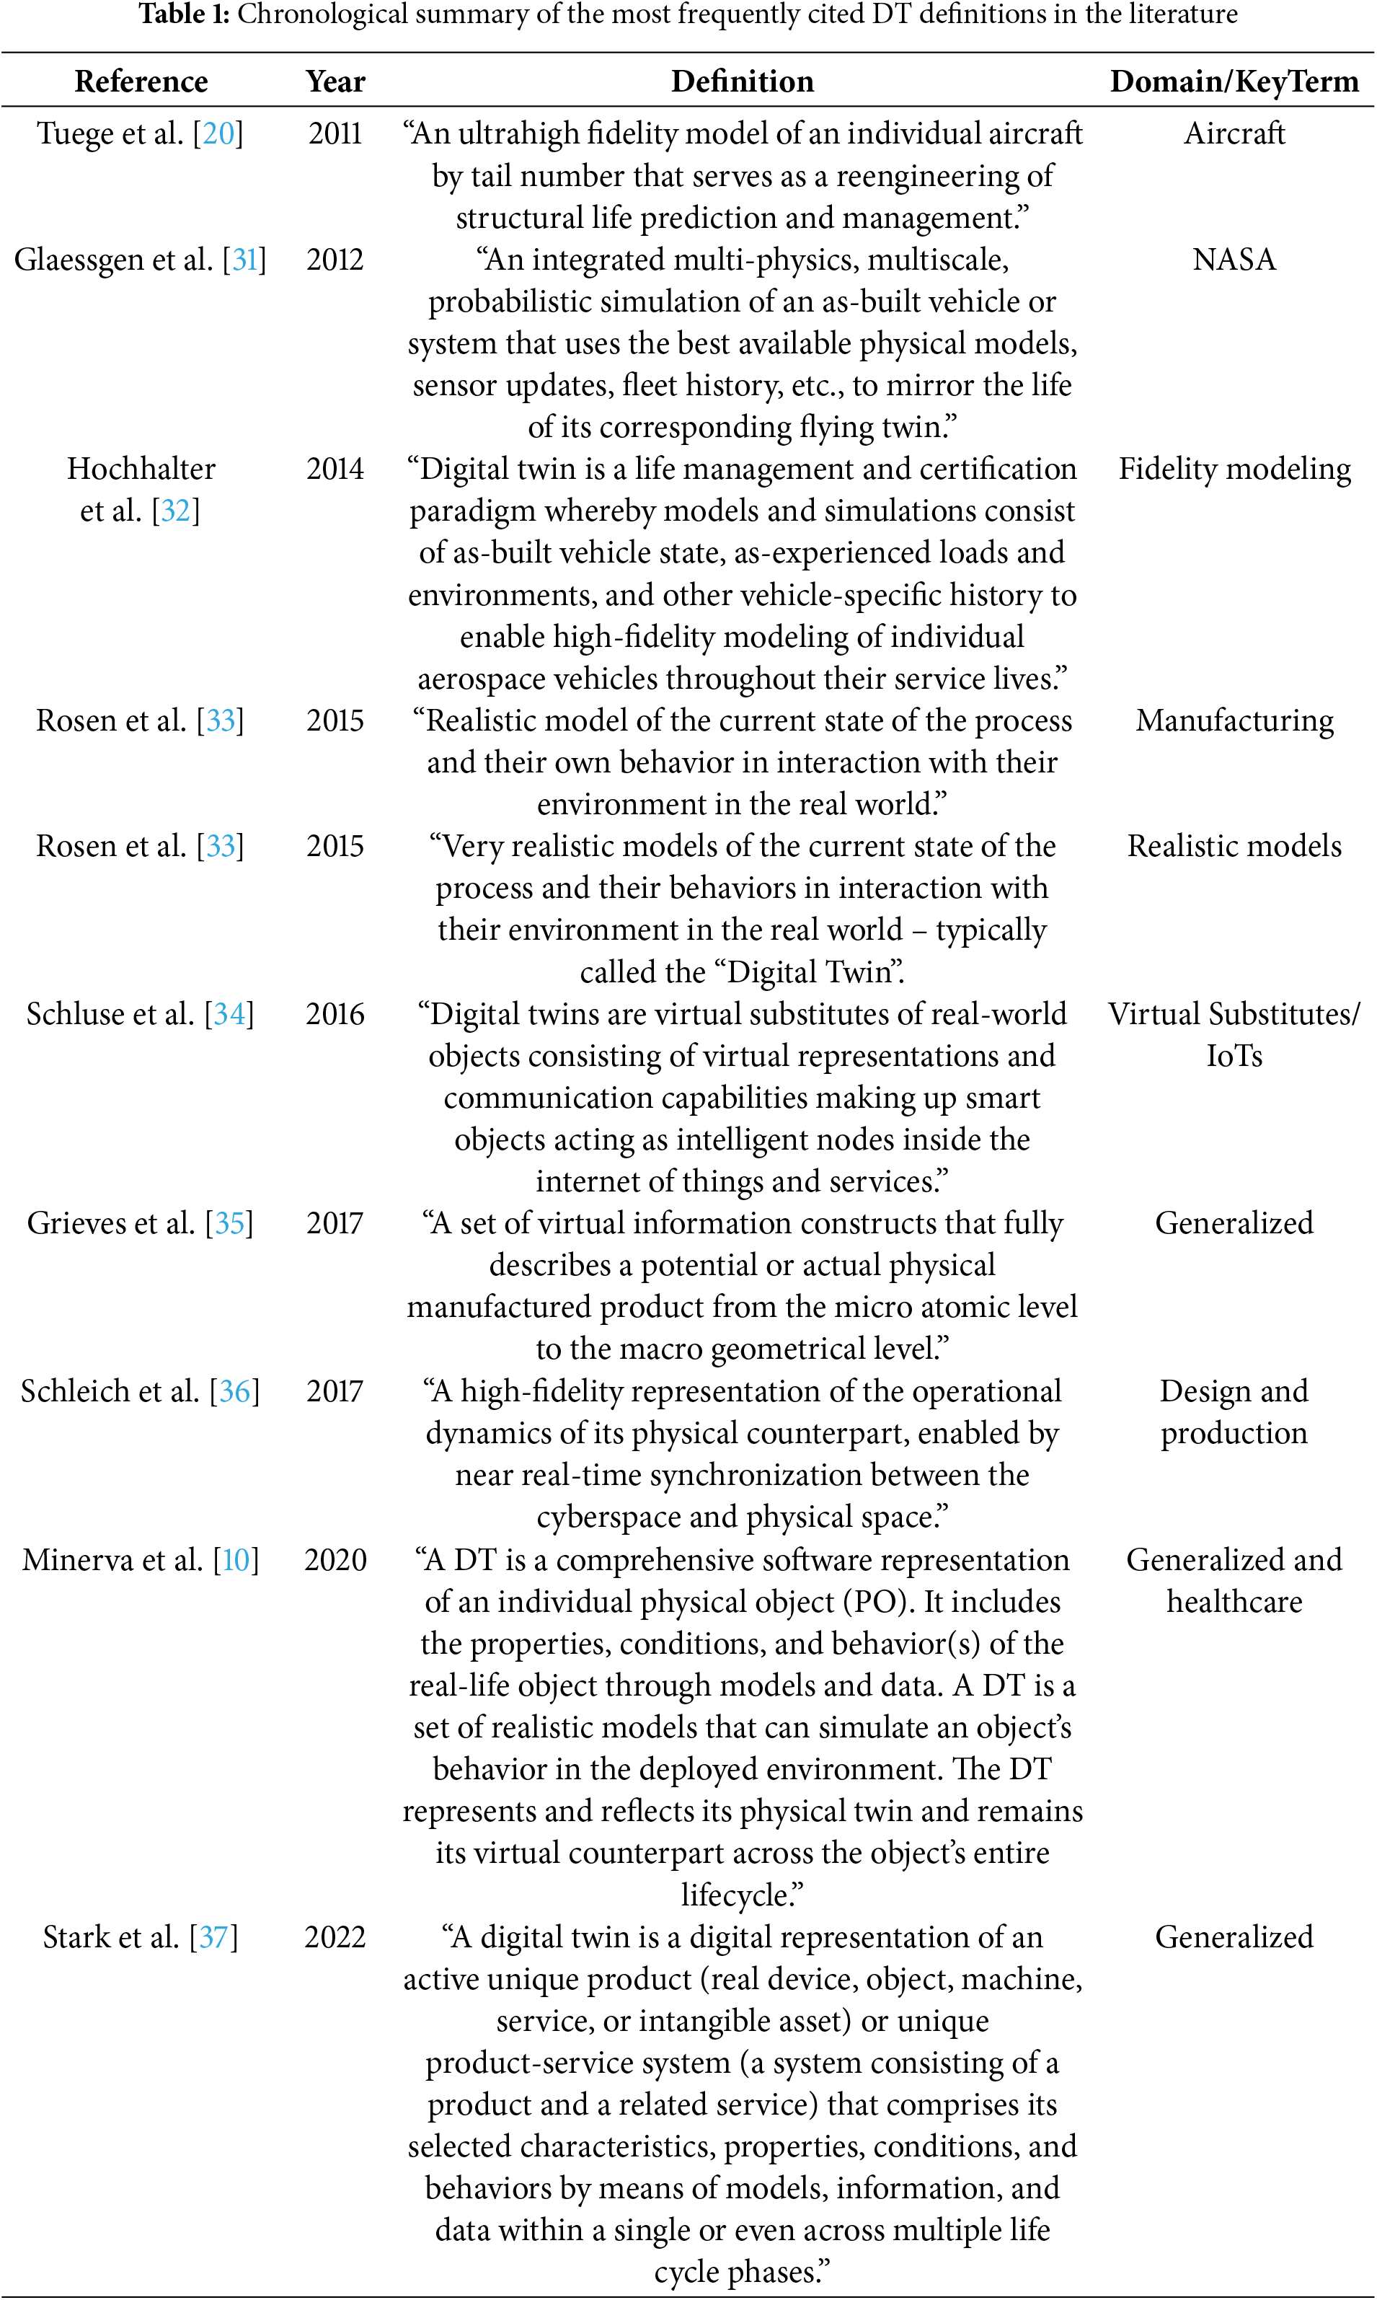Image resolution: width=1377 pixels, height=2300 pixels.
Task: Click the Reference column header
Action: coord(141,81)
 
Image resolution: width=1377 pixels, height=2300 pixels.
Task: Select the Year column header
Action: coord(335,81)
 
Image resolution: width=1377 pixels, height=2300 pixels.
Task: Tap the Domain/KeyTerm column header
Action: coord(1234,81)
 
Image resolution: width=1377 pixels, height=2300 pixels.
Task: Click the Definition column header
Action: coord(743,81)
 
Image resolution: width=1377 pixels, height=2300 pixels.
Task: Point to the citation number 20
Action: coord(219,133)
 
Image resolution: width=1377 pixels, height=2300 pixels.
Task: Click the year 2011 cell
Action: coord(335,133)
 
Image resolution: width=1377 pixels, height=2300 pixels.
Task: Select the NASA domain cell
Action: coord(1234,259)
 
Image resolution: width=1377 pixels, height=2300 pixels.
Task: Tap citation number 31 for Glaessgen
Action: coord(245,259)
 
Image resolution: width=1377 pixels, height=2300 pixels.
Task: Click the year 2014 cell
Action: coord(335,469)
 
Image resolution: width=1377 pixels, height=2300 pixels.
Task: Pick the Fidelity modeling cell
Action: coord(1234,469)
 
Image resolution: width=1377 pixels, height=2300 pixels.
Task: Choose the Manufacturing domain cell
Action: coord(1234,721)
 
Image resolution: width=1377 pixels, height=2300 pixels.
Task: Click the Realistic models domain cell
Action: coord(1234,845)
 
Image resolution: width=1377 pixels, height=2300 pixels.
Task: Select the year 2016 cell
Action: coord(335,1013)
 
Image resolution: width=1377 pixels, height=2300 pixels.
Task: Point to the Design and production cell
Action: coord(1234,1411)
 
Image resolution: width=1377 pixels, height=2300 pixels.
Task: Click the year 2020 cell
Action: coord(335,1560)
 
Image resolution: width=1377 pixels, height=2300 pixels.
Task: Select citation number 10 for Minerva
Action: coord(236,1560)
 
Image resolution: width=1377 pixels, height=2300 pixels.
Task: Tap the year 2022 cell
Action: coord(335,1937)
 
